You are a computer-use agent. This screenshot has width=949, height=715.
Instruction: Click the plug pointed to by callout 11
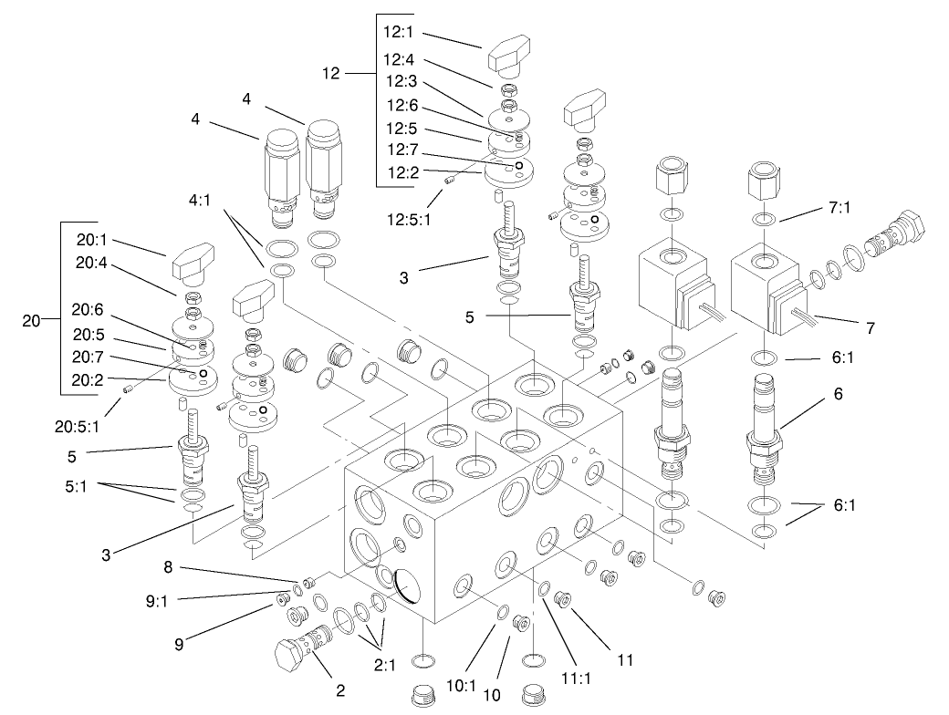[x=562, y=600]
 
